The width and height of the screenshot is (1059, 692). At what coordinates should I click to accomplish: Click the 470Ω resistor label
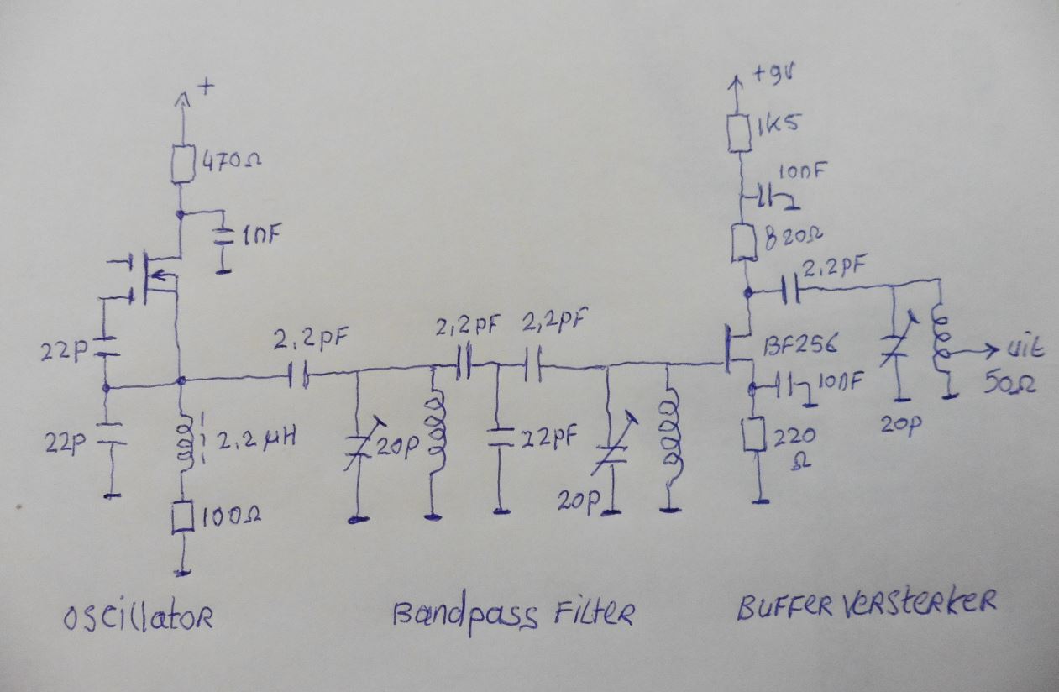(x=231, y=162)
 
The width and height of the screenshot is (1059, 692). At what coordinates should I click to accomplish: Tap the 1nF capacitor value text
(x=262, y=236)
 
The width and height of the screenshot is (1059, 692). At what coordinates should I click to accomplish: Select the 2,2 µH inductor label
(x=256, y=439)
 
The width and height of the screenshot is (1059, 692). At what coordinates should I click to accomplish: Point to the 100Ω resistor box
(x=182, y=517)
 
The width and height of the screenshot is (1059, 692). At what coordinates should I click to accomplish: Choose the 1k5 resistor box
(x=739, y=133)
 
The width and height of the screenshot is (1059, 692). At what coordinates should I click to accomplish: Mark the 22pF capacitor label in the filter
(x=548, y=438)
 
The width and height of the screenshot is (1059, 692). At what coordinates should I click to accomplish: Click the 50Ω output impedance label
(x=1010, y=383)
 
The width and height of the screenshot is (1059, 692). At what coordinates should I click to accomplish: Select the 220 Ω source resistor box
(x=754, y=434)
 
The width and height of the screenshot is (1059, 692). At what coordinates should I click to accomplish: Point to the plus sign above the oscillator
(x=207, y=86)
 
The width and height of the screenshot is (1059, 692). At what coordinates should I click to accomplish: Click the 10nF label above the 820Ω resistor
(x=801, y=172)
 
